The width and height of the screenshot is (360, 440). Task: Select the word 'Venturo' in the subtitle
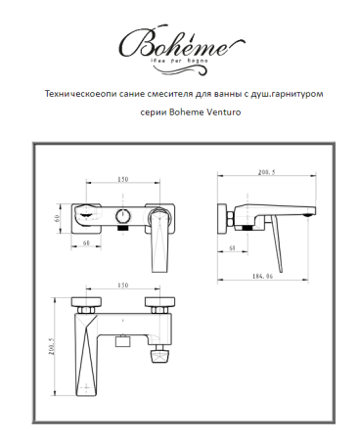pos(221,113)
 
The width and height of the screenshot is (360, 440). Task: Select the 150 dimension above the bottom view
pos(122,286)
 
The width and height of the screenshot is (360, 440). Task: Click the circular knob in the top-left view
pos(122,215)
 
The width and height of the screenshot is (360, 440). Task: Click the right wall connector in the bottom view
pos(157,305)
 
